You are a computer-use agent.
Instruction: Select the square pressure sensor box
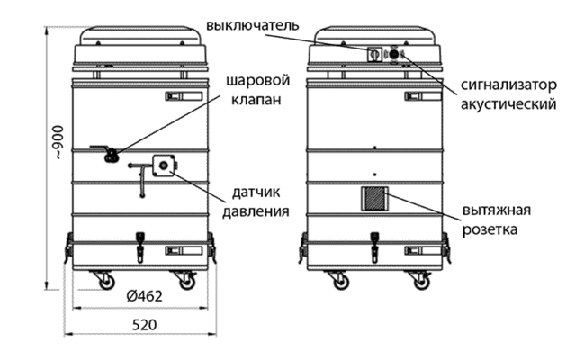tap(164, 165)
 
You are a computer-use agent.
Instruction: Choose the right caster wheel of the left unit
tap(186, 282)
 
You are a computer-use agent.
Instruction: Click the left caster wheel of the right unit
tap(342, 282)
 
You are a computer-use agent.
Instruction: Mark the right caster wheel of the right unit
tap(420, 282)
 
